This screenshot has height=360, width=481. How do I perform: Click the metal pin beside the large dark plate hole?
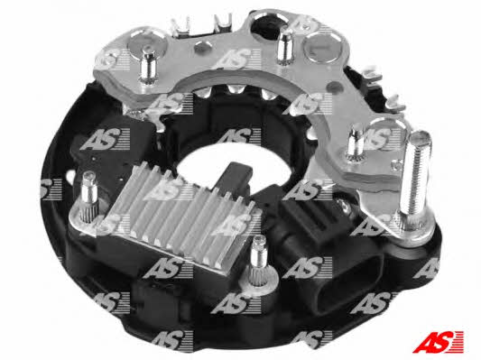coord(284,48)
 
